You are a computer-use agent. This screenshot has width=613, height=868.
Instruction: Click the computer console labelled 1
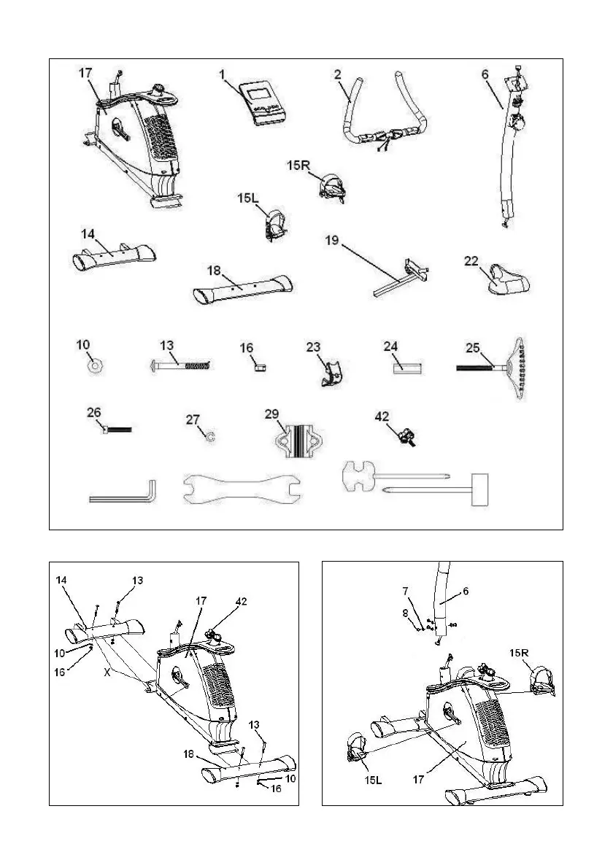pyautogui.click(x=263, y=103)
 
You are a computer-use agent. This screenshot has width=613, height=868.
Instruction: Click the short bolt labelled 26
pyautogui.click(x=117, y=430)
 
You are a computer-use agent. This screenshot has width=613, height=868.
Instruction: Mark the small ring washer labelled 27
pyautogui.click(x=209, y=436)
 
